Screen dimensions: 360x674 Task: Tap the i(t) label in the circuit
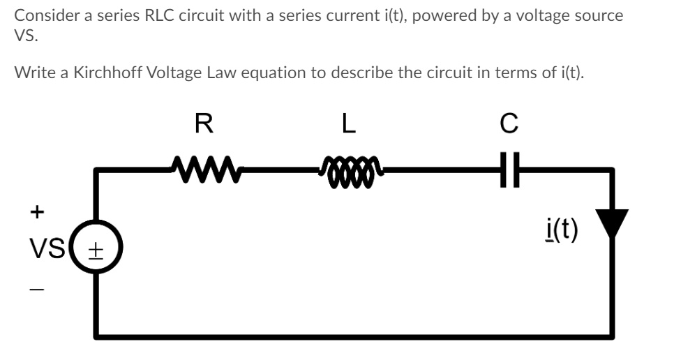click(562, 228)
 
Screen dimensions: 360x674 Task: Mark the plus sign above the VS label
click(37, 209)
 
